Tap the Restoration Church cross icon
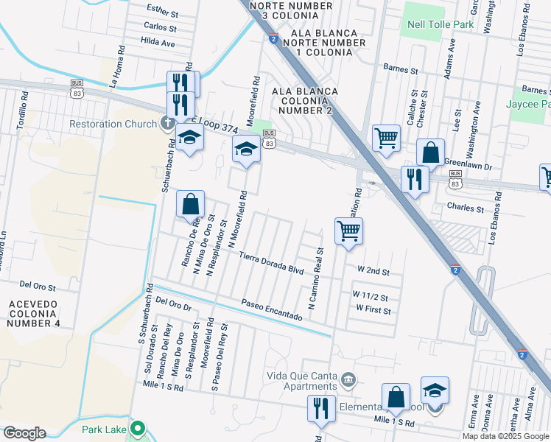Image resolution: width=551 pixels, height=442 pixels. pos(168,124)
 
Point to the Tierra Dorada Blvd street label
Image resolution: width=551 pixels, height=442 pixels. pos(272,263)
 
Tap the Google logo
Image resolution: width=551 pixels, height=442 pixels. pos(24,433)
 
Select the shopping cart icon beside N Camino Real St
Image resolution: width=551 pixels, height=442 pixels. pos(348,231)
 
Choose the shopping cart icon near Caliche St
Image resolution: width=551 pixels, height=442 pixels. pos(386,137)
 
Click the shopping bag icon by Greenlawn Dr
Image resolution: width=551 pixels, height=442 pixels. pos(431,152)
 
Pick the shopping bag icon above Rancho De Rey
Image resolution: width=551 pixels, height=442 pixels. pos(190,203)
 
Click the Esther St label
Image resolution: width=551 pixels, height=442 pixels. pos(163,13)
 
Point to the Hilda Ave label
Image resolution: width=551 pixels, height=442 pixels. pos(158,43)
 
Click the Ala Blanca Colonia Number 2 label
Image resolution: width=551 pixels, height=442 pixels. pos(305,100)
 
